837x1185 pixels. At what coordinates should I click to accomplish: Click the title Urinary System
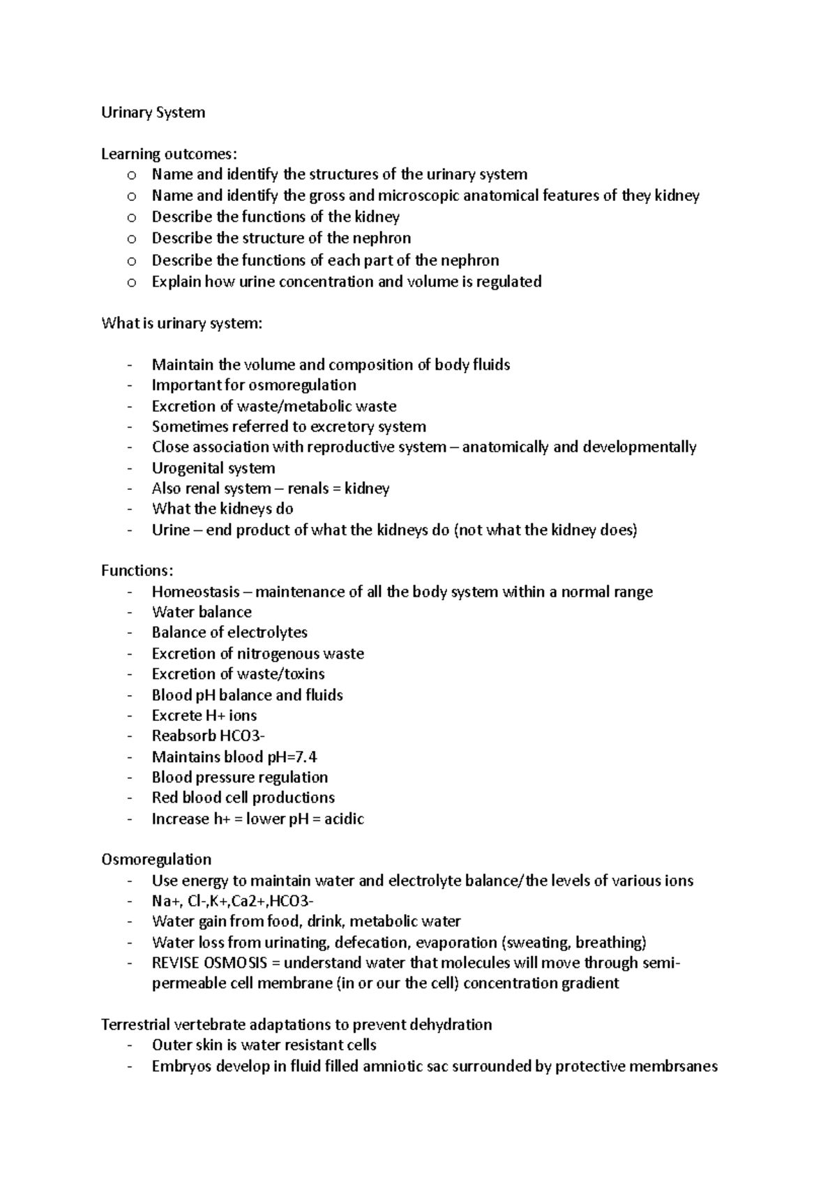tap(153, 112)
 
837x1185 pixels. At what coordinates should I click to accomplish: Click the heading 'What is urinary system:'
tap(182, 323)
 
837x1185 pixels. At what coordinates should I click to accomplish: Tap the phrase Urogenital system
tap(213, 468)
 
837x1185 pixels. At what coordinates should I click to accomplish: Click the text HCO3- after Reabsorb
tap(242, 736)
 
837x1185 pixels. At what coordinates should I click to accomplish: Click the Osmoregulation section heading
tap(156, 859)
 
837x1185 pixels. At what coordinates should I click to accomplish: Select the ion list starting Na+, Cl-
tap(237, 901)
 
